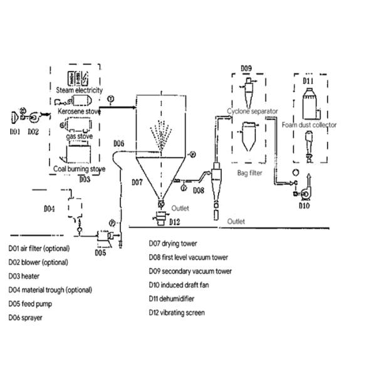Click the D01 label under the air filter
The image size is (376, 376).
15,132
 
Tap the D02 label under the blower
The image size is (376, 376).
33,132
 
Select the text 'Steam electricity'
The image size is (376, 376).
80,91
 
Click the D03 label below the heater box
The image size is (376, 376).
86,179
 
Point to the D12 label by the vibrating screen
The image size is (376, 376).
174,222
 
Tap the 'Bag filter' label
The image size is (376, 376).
250,172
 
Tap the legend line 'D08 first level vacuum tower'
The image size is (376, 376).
188,257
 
